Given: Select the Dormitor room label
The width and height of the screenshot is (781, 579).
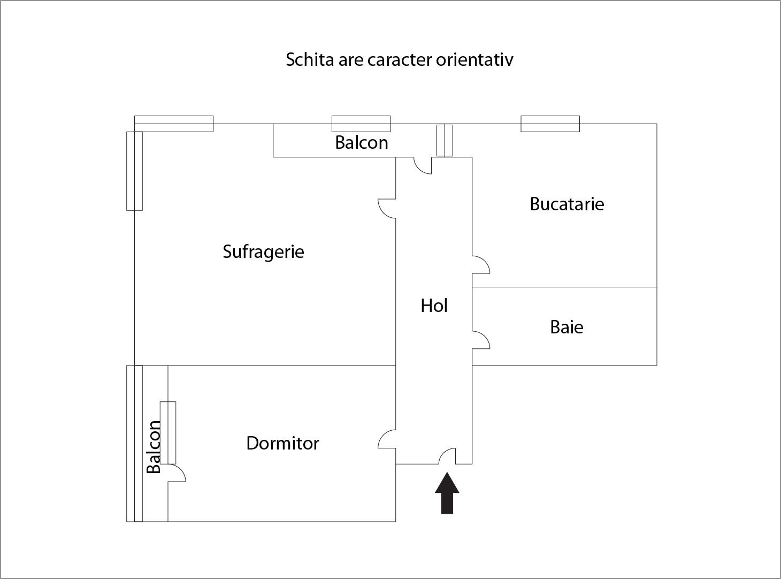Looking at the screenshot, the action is click(x=283, y=443).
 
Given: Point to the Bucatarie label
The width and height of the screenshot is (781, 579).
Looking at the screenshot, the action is click(x=567, y=204).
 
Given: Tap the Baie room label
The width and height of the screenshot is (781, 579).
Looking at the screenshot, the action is click(x=566, y=327).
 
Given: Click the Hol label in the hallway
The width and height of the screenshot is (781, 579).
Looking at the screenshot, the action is click(x=434, y=306).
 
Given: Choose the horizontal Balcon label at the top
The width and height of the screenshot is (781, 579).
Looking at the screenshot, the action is click(x=361, y=142).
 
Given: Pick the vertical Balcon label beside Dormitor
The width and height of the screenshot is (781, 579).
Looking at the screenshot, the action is click(x=154, y=447).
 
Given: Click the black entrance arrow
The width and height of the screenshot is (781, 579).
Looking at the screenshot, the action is click(x=447, y=493).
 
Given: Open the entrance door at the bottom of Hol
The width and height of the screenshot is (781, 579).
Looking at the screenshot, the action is click(x=447, y=456).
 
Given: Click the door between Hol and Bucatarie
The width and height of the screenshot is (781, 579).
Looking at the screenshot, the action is click(x=481, y=265).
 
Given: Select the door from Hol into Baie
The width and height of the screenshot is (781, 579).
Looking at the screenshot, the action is click(x=481, y=340).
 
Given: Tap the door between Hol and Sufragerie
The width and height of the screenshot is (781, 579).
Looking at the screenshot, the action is click(x=387, y=209).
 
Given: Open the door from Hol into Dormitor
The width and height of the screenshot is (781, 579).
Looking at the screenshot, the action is click(x=387, y=439).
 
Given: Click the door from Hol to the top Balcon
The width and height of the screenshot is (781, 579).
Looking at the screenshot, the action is click(x=423, y=165).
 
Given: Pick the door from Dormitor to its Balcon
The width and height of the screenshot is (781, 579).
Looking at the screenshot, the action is click(x=177, y=473).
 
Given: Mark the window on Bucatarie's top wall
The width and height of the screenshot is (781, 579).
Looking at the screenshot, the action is click(x=550, y=124).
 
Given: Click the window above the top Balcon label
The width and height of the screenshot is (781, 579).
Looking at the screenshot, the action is click(x=361, y=124).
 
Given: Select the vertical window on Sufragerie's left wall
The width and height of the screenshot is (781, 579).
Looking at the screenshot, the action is click(x=134, y=171).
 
